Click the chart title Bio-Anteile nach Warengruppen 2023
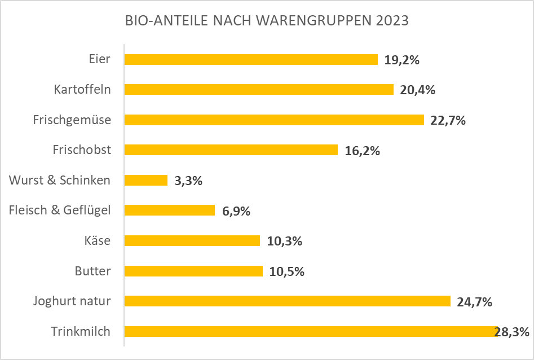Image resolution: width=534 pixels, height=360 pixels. pos(266,21)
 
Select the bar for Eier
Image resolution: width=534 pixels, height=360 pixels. pos(250,60)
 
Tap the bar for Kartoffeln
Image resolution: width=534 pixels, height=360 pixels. pos(258,90)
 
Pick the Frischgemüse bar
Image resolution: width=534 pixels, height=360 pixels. pos(273,120)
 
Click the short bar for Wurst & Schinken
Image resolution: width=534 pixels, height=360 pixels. pos(145,180)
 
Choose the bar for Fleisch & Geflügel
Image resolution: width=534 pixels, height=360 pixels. pos(169,210)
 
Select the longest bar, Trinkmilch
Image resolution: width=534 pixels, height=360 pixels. pos(310,331)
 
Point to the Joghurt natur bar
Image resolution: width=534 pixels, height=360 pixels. pos(287,301)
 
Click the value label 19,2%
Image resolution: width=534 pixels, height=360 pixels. pos(402,60)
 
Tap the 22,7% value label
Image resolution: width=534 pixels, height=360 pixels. pos(448,120)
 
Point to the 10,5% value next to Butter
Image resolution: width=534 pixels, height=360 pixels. pos(287,271)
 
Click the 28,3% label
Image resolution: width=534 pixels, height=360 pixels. pos(512,332)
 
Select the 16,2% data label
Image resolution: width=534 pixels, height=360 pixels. pos(363,151)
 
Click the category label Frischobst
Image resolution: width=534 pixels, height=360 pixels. pos(82,150)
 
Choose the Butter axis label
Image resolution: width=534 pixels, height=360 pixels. pos(92,271)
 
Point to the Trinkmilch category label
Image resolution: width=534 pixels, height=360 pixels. pos(81,331)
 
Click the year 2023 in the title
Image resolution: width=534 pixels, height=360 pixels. pos(390,21)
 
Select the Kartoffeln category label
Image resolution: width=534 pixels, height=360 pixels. pos(82,89)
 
